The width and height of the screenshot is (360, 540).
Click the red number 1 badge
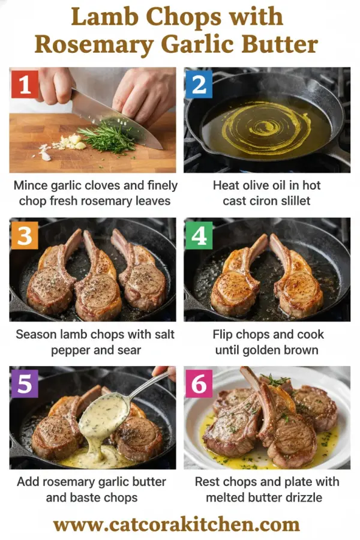click(x=25, y=85)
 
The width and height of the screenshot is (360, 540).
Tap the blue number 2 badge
click(x=199, y=85)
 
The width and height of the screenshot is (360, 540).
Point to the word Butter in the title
click(x=275, y=45)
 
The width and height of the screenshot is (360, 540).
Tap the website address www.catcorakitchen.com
click(x=179, y=524)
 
